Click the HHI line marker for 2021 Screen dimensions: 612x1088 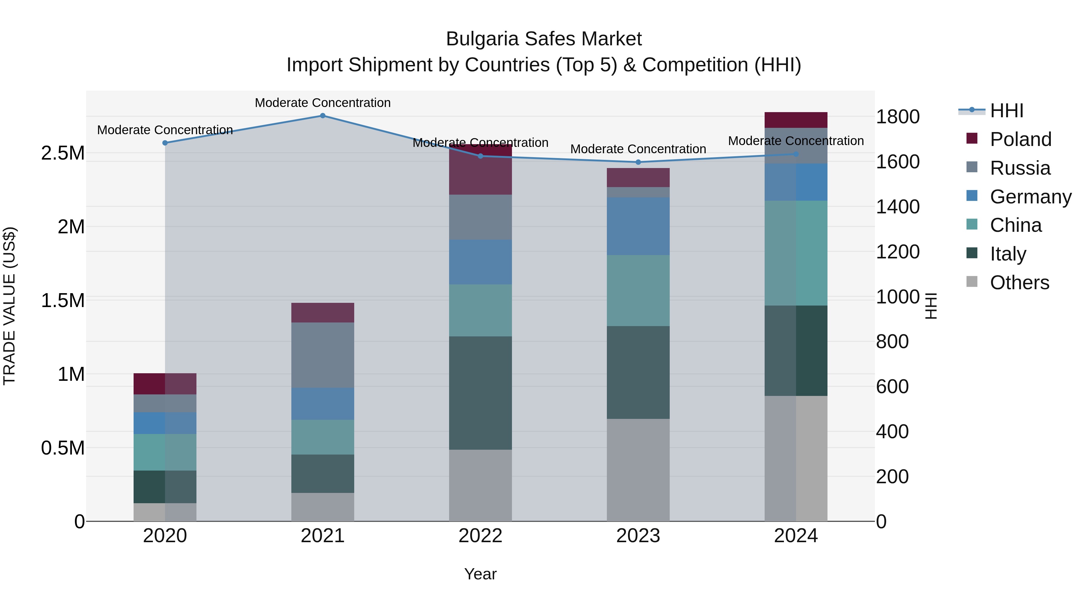tap(323, 116)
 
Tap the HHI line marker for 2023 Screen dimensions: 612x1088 tap(638, 162)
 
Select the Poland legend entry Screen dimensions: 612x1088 tap(1020, 139)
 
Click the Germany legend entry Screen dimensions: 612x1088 tap(1030, 197)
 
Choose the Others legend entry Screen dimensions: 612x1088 tap(1019, 283)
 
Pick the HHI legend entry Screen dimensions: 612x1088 tap(1006, 111)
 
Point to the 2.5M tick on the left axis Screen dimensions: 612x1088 tap(63, 153)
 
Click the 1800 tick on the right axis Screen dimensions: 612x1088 tap(898, 117)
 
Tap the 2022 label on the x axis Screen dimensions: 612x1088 tap(480, 536)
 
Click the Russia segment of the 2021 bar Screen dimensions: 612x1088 tap(323, 355)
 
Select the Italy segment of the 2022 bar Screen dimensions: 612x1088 tap(480, 393)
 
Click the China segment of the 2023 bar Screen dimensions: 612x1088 tap(638, 290)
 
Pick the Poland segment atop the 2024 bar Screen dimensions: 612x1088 tap(796, 120)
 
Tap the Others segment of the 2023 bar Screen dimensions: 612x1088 tap(638, 470)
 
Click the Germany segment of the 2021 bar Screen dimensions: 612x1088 tap(323, 404)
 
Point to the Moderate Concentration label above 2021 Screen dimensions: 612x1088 tap(323, 103)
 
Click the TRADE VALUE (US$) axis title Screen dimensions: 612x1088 tap(9, 306)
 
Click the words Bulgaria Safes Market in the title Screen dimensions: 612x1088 tap(544, 39)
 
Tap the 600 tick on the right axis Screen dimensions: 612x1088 tap(892, 387)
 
